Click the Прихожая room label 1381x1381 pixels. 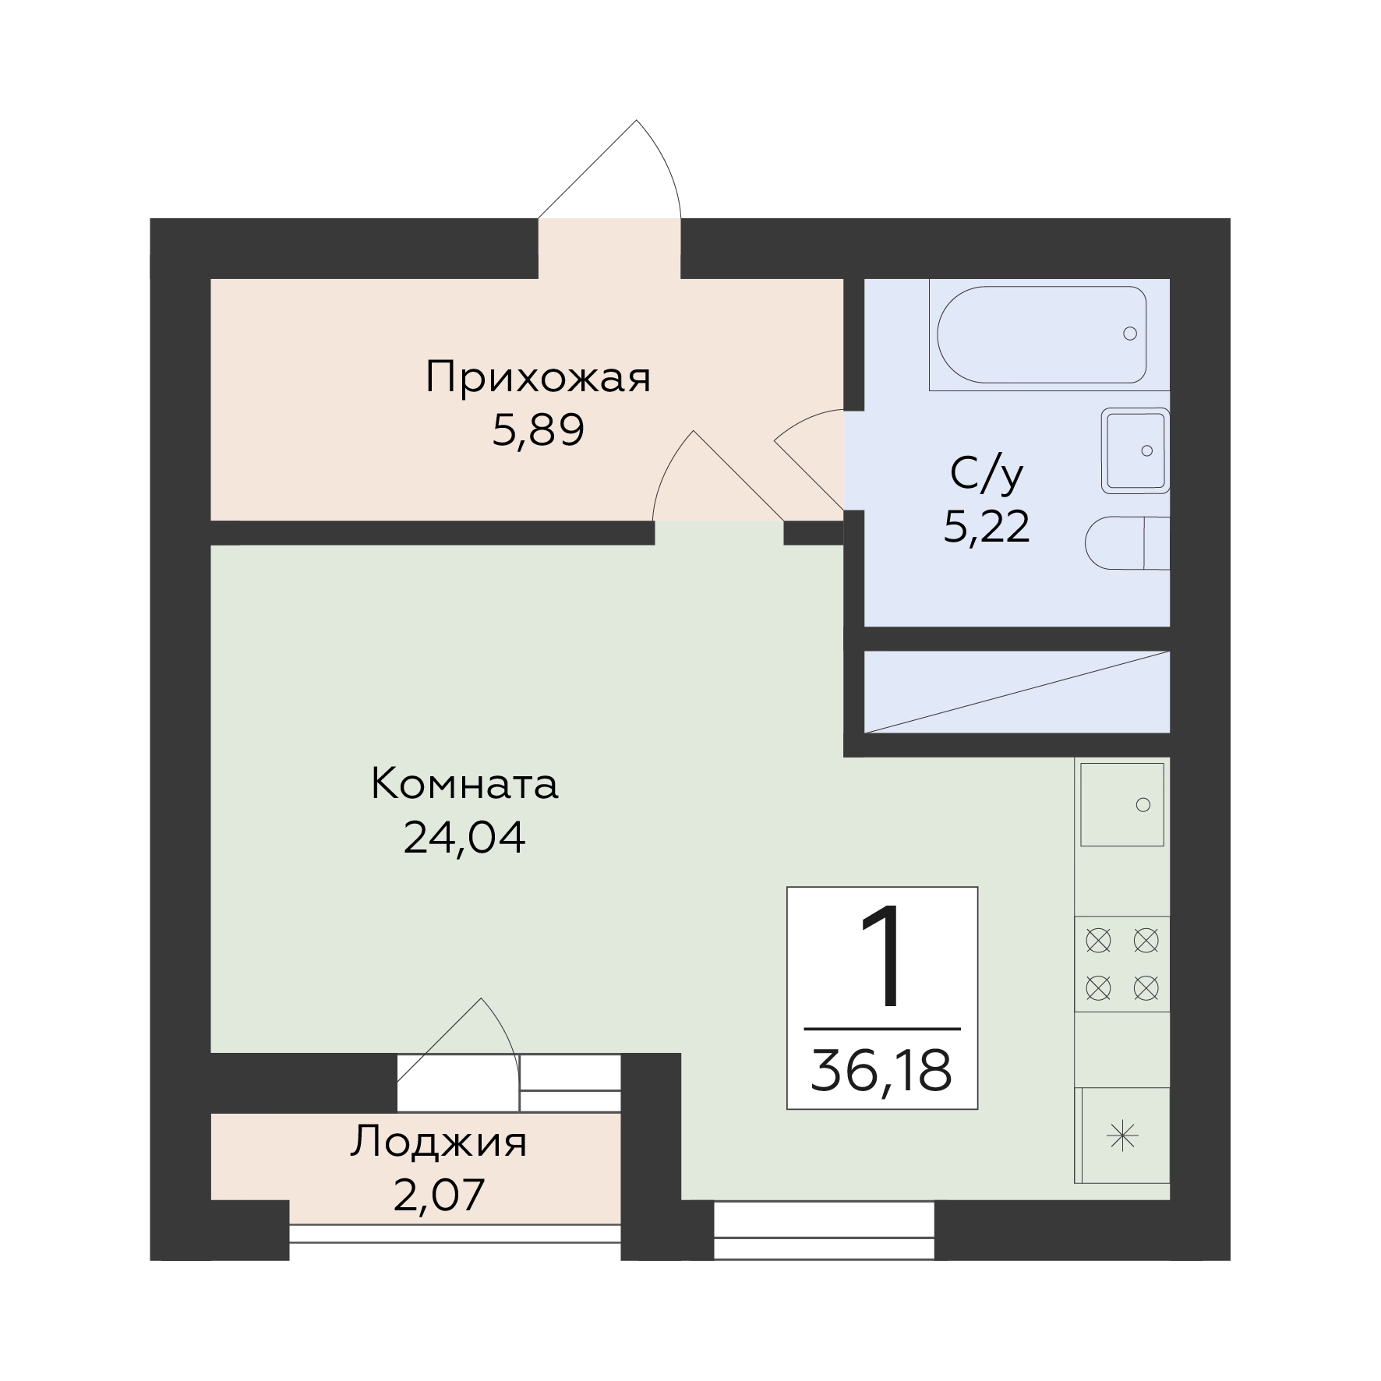click(538, 379)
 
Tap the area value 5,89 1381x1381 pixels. click(538, 430)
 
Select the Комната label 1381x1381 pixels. click(464, 784)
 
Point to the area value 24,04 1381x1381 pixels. click(464, 837)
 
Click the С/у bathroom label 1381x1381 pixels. click(986, 475)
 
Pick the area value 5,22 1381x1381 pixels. click(987, 527)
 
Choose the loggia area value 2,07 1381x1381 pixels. click(439, 1196)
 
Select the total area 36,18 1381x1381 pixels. click(881, 1071)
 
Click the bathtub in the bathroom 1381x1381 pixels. click(1042, 334)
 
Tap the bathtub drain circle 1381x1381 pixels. click(1130, 334)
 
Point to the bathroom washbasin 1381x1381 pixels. click(1136, 451)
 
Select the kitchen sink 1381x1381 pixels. click(1122, 804)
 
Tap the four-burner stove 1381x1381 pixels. click(1122, 964)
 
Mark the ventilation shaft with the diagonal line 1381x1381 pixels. click(1017, 692)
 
